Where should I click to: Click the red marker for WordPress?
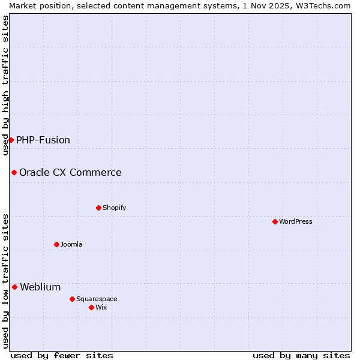[275, 221]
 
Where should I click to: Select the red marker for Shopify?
[98, 208]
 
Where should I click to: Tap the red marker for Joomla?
[56, 244]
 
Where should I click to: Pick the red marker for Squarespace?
[72, 299]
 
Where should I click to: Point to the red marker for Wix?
[91, 307]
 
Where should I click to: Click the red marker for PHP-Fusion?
[11, 140]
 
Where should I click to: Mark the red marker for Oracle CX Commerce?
[14, 172]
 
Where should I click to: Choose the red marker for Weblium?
[14, 287]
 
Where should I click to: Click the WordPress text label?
[296, 221]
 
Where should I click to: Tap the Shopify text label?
[115, 208]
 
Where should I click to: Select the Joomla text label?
[71, 244]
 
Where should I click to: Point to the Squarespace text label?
[97, 299]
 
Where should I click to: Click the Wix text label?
[101, 307]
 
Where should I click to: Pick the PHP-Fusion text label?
[43, 140]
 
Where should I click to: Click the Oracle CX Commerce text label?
[70, 172]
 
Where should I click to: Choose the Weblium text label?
[40, 287]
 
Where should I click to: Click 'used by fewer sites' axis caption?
[62, 355]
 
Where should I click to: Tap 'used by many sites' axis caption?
[301, 355]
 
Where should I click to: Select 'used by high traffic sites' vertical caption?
[5, 85]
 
